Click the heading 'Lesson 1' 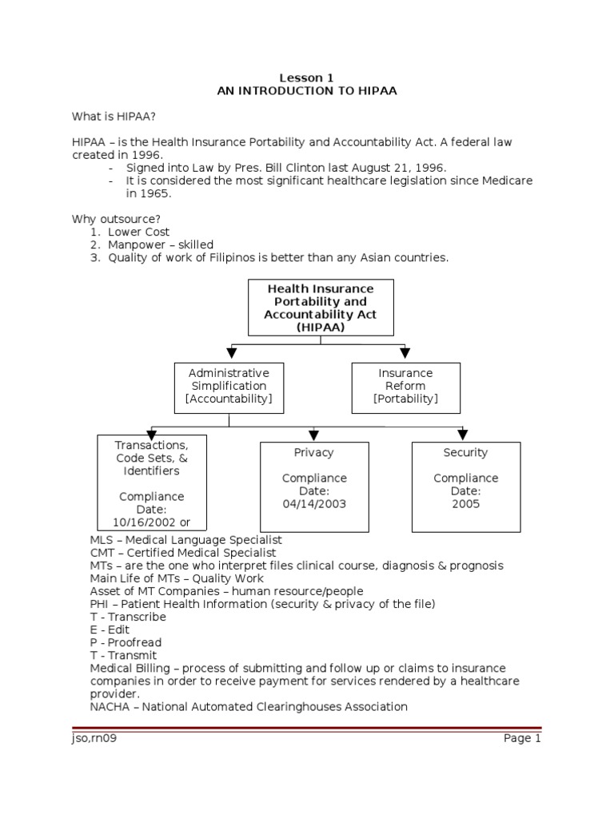click(306, 77)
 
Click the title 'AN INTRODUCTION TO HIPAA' click(306, 91)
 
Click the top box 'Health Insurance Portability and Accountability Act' click(320, 308)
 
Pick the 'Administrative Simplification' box click(229, 387)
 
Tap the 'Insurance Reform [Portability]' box click(405, 387)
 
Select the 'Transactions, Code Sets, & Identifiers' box click(152, 482)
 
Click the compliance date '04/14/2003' click(313, 504)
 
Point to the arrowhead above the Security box click(462, 435)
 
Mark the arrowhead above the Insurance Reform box click(405, 351)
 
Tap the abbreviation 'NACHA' click(108, 706)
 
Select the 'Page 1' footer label click(522, 738)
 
